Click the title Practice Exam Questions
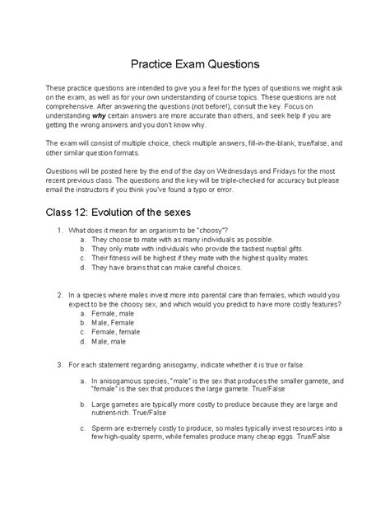coord(195,63)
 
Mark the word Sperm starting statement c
coord(102,452)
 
